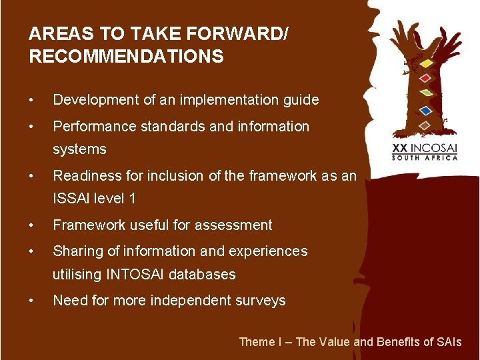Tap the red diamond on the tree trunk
tap(425, 78)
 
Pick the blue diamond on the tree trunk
tap(425, 110)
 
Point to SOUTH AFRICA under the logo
tap(425, 158)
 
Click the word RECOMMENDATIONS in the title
tap(126, 57)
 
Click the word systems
tap(79, 149)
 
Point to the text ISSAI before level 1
tap(71, 198)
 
